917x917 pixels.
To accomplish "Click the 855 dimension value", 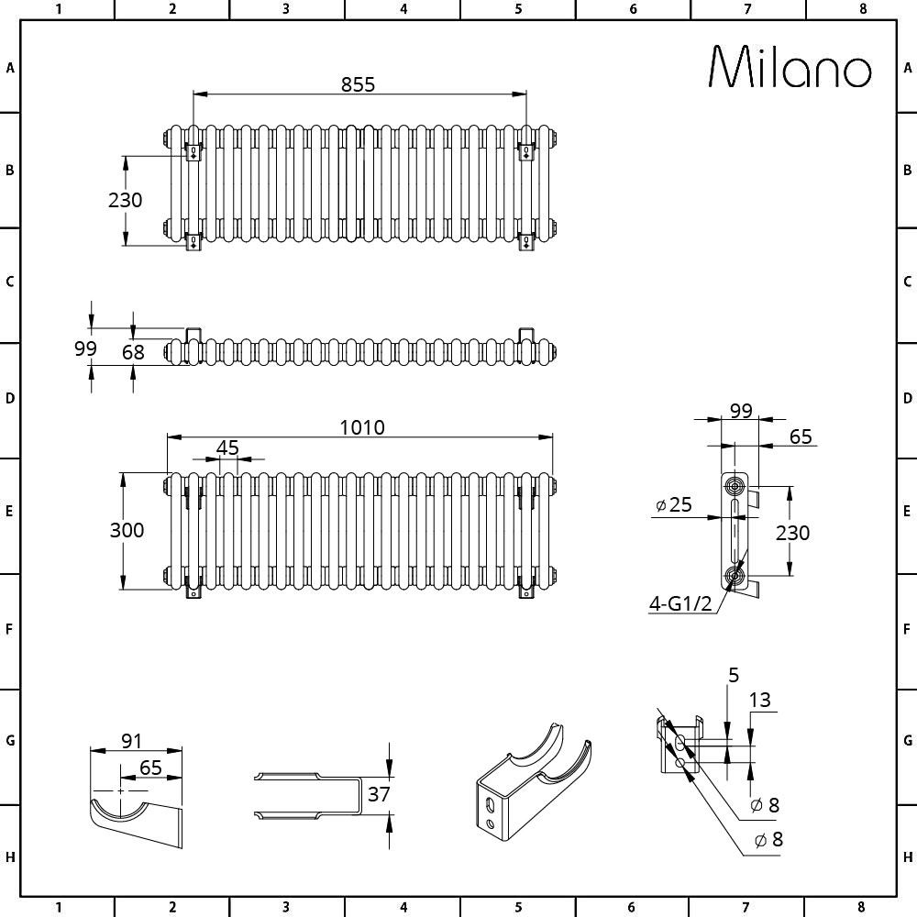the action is (x=358, y=84).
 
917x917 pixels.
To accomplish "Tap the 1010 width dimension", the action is (x=362, y=427).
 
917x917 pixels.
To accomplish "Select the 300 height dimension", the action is (x=127, y=530).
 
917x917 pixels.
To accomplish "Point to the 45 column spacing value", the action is (x=227, y=448).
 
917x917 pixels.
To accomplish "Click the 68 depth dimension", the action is (x=133, y=352).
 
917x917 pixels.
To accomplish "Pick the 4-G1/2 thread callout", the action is (x=680, y=603).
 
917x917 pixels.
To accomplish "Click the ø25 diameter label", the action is (x=674, y=504).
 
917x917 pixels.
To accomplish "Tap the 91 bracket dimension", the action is (x=131, y=741).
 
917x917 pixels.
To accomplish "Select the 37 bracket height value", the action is (x=379, y=793).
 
